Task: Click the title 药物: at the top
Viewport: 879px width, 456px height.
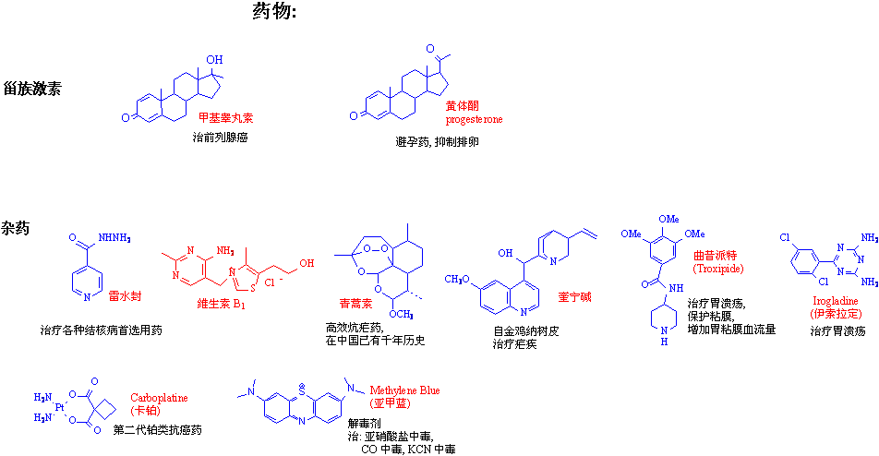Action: coord(274,12)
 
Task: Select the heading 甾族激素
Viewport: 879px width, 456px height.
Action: coord(32,90)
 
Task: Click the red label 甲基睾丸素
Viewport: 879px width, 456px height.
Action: coord(226,118)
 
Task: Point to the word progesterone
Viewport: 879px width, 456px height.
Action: coord(475,119)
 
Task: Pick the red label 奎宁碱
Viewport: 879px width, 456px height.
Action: coord(574,297)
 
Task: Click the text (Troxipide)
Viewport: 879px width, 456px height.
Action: coord(716,268)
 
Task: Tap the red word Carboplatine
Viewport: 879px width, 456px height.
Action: coord(158,397)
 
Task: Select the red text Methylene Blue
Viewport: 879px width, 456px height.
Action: coord(404,390)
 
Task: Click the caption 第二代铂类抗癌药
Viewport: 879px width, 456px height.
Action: coord(157,430)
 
